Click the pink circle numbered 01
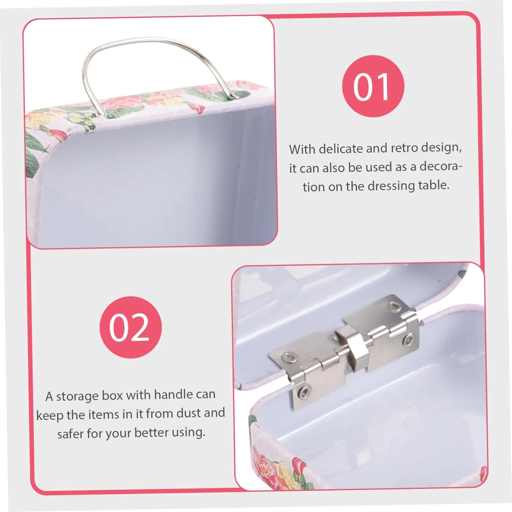pyautogui.click(x=373, y=86)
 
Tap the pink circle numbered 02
pyautogui.click(x=130, y=327)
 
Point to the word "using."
pyautogui.click(x=188, y=433)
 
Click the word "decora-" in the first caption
pyautogui.click(x=441, y=166)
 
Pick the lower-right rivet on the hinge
pyautogui.click(x=408, y=339)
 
